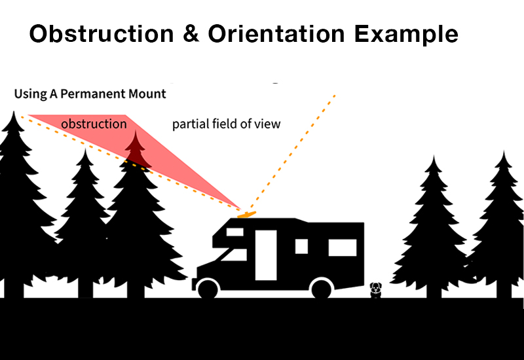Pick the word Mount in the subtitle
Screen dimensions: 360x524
click(149, 94)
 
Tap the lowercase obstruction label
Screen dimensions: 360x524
click(94, 124)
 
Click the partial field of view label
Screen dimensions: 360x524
click(226, 124)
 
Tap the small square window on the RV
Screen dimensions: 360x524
click(301, 247)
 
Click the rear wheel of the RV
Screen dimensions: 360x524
click(322, 288)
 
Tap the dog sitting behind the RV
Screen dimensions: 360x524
click(375, 289)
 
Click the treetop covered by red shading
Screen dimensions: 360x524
click(136, 149)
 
